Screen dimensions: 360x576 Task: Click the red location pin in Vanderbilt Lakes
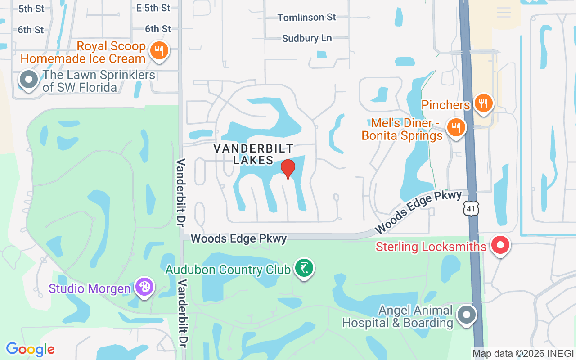288,168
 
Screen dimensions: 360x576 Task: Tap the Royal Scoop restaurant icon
159,50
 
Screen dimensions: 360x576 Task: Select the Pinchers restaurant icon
483,103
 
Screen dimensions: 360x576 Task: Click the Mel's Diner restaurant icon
456,127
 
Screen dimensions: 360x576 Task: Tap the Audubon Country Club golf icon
304,268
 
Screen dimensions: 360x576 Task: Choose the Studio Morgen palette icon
144,287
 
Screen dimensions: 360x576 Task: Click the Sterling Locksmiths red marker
500,245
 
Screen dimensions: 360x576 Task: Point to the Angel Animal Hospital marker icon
467,314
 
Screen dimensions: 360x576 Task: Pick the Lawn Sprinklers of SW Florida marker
29,80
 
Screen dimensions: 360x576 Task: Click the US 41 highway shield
471,208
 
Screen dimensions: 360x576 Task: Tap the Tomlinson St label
306,18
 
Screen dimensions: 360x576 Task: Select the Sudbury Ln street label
307,38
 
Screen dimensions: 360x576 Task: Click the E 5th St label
153,8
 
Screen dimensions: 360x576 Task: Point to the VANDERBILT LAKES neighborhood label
253,154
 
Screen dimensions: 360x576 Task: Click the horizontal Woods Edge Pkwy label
238,238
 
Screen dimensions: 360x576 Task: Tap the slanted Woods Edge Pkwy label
418,211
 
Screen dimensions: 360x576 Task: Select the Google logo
30,349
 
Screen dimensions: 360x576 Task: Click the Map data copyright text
523,353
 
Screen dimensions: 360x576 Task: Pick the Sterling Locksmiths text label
431,247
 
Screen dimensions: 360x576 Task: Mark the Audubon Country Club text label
228,270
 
